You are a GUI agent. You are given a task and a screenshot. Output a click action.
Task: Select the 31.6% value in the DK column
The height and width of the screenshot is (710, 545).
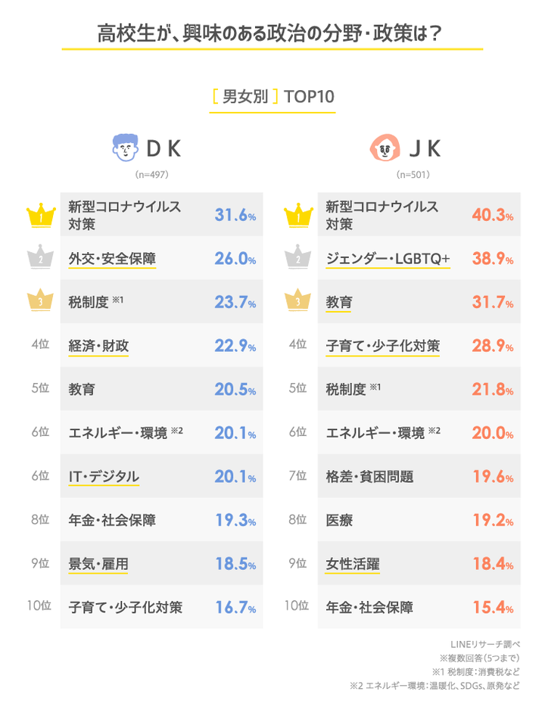(235, 216)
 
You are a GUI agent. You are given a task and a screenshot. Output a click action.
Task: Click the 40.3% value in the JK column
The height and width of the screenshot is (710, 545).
(492, 216)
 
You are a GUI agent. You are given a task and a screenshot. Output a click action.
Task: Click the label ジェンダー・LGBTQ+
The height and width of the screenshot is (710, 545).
(388, 259)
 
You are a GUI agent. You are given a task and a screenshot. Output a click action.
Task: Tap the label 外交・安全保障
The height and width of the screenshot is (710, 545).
(112, 259)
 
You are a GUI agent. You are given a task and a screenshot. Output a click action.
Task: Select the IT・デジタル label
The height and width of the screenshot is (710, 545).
(104, 477)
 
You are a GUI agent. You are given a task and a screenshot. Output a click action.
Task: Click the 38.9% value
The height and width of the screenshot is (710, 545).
(492, 259)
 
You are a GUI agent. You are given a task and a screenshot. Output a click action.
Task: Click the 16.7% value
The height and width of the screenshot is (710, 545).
(235, 608)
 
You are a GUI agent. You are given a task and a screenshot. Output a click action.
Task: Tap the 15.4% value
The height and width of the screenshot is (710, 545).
(492, 608)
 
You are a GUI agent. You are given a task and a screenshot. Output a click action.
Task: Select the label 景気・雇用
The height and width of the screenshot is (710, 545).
(98, 564)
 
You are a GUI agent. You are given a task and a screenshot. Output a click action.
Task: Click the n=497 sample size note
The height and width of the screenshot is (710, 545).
(151, 175)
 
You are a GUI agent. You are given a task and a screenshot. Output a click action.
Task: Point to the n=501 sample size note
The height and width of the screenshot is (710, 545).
(413, 175)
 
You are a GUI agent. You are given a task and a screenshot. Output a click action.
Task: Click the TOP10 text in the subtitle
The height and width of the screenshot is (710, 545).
(309, 98)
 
